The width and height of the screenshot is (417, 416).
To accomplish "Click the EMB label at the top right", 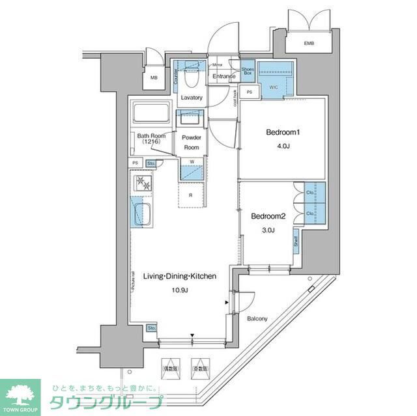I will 308,44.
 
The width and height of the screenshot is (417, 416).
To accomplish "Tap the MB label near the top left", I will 154,78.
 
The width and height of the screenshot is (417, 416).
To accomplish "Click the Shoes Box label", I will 248,72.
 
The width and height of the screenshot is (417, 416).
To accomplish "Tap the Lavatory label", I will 192,98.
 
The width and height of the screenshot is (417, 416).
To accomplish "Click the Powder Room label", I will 191,142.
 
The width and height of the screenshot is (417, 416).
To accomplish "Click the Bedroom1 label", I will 283,133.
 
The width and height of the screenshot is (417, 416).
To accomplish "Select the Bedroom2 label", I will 268,215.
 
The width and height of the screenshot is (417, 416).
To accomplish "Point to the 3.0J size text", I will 268,231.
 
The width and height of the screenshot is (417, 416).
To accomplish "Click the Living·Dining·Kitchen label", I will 179,276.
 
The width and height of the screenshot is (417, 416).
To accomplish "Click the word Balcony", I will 257,318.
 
